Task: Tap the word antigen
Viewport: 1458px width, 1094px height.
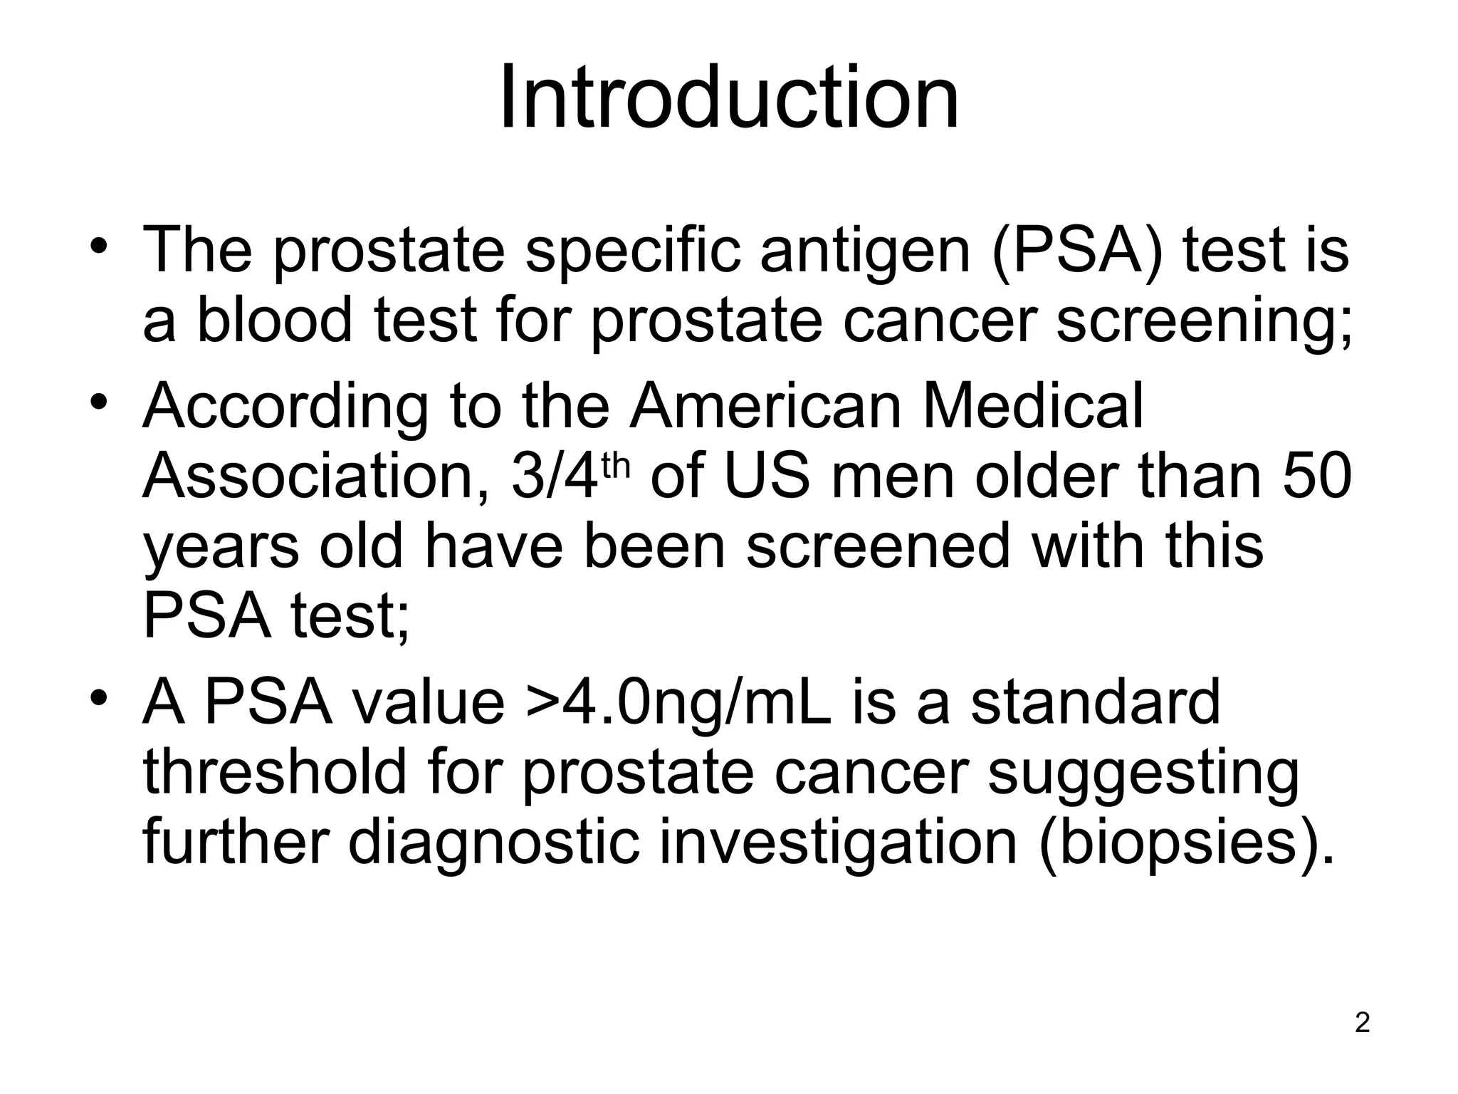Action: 865,251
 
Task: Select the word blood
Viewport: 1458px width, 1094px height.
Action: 274,320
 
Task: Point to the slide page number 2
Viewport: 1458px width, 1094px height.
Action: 1362,1023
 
